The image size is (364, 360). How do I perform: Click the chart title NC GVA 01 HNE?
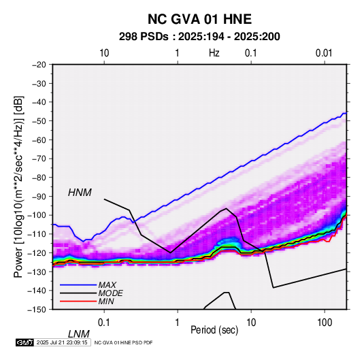pyautogui.click(x=199, y=19)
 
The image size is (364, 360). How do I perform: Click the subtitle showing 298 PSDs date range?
pyautogui.click(x=199, y=37)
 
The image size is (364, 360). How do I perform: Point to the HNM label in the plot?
pyautogui.click(x=80, y=193)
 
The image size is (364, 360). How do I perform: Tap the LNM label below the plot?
pyautogui.click(x=79, y=334)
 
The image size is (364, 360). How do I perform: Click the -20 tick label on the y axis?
pyautogui.click(x=39, y=65)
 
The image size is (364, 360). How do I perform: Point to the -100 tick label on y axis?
pyautogui.click(x=37, y=215)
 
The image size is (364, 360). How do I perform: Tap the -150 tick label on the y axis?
pyautogui.click(x=37, y=310)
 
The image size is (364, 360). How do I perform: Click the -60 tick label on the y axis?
pyautogui.click(x=39, y=140)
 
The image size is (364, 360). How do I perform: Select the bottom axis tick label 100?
pyautogui.click(x=325, y=323)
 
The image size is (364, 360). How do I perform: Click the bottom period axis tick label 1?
pyautogui.click(x=178, y=323)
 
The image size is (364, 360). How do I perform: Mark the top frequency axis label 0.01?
pyautogui.click(x=324, y=53)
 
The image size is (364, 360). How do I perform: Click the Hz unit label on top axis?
pyautogui.click(x=214, y=53)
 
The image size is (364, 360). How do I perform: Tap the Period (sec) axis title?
pyautogui.click(x=214, y=330)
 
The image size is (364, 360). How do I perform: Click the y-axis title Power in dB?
pyautogui.click(x=18, y=186)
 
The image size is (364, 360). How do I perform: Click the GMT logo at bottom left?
pyautogui.click(x=24, y=342)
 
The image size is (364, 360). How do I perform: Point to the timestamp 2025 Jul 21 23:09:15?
pyautogui.click(x=62, y=342)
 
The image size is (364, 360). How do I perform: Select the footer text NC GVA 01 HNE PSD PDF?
pyautogui.click(x=124, y=342)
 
